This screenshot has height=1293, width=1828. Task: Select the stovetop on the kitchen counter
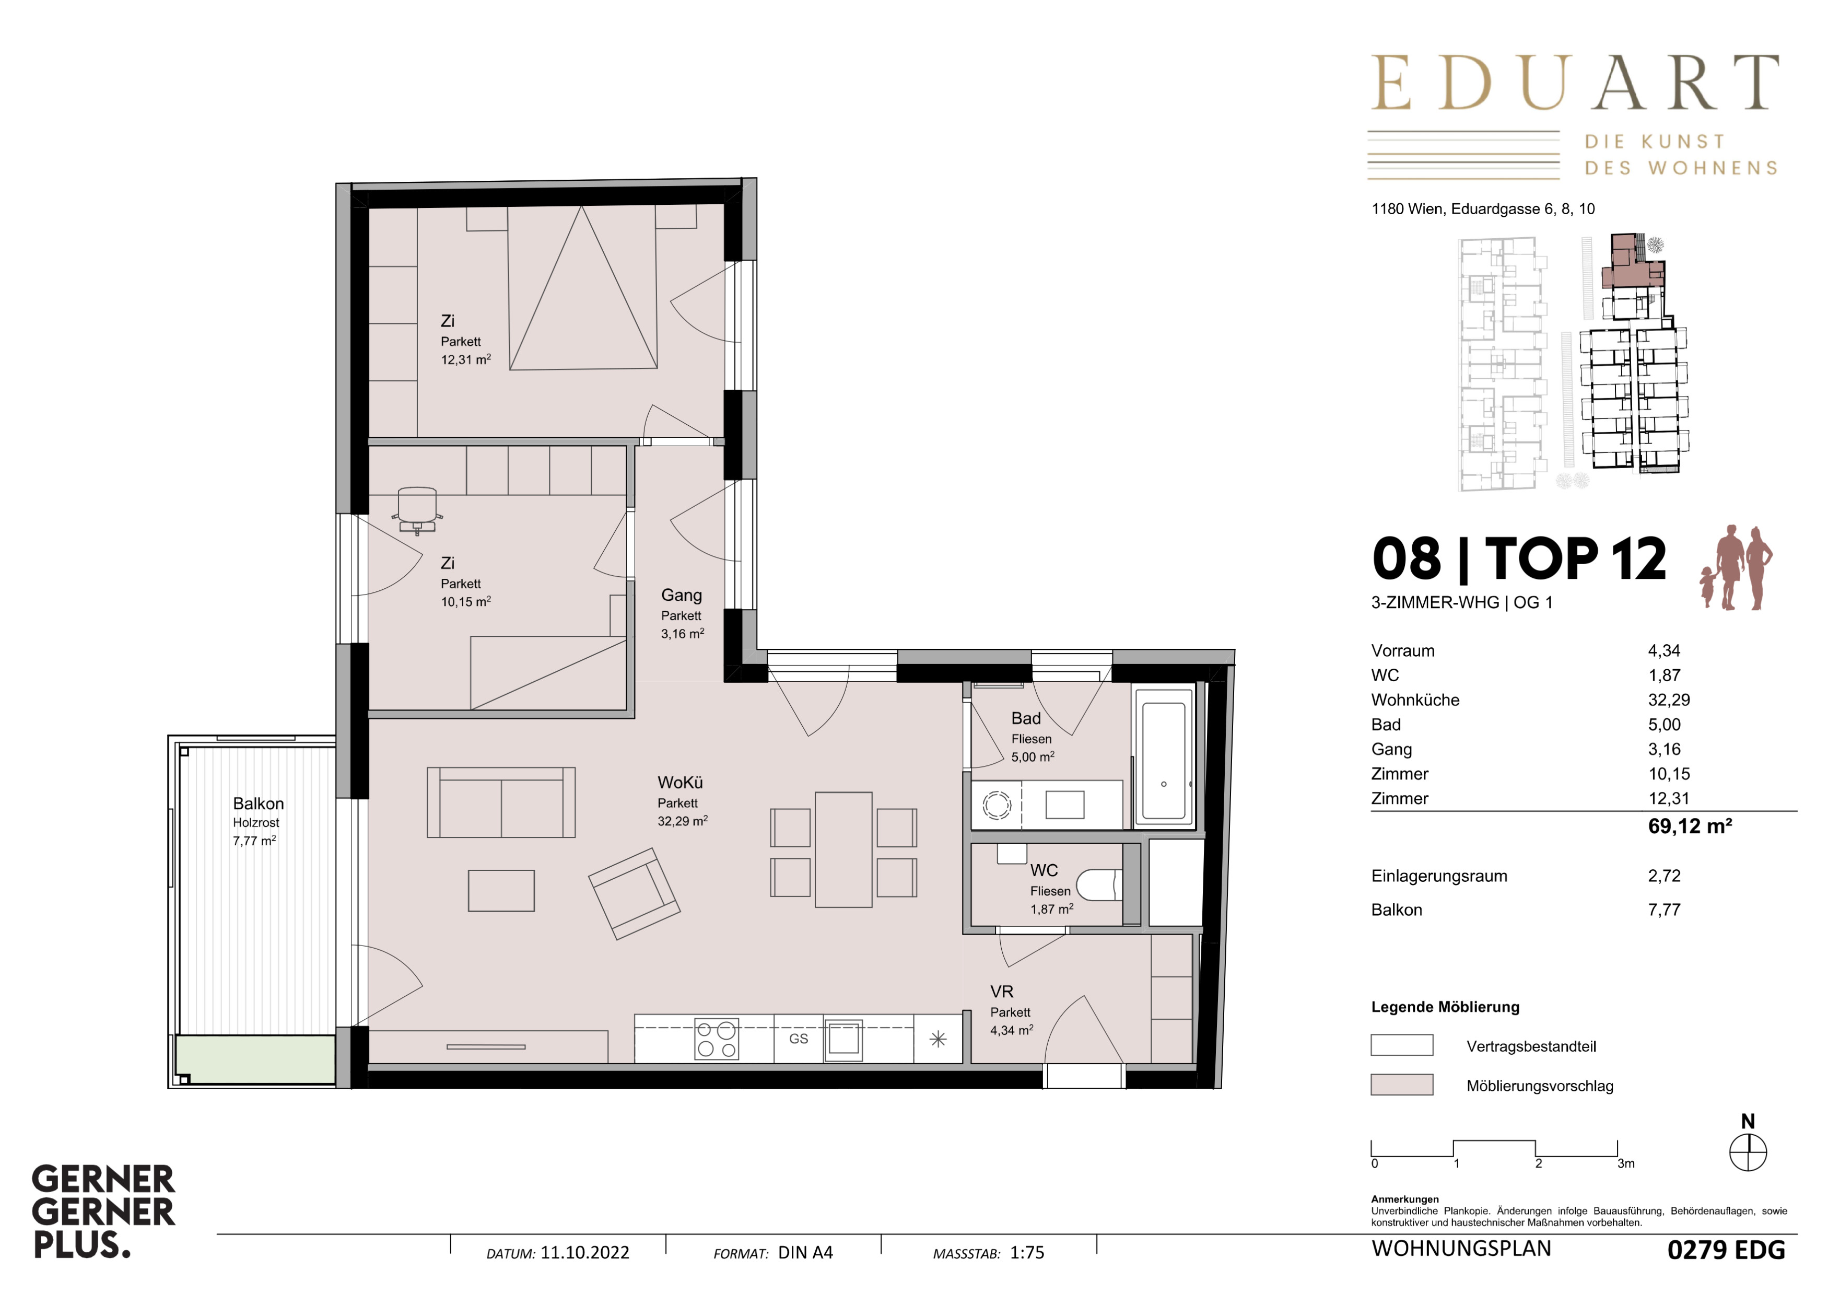tap(717, 1039)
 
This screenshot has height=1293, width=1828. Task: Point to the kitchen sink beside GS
tap(843, 1040)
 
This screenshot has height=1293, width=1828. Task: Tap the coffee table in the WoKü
tap(501, 890)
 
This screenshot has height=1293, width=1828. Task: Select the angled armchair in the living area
tap(634, 893)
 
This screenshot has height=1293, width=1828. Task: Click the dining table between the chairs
tap(843, 849)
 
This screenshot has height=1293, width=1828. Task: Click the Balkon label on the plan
tap(258, 803)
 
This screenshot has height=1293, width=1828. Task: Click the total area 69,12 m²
tap(1690, 825)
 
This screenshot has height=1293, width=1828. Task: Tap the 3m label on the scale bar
tap(1626, 1163)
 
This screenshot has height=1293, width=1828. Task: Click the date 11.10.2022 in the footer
tap(584, 1252)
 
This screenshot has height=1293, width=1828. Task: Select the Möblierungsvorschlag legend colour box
tap(1401, 1085)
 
